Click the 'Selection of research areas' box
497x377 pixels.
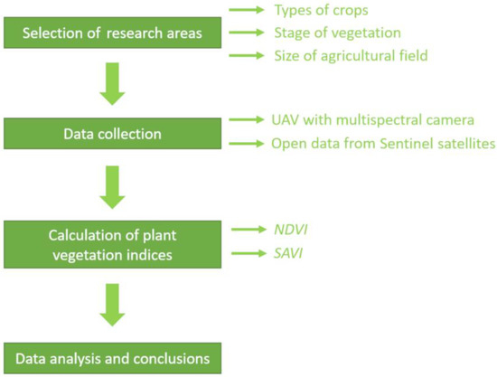coord(113,33)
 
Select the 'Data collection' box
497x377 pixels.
coord(113,134)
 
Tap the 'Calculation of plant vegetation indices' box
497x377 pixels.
coord(113,244)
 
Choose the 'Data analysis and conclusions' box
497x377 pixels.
coord(113,358)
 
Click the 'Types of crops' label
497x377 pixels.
coord(321,10)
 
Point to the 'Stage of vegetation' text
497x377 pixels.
coord(338,33)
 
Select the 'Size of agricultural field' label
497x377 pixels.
coord(351,56)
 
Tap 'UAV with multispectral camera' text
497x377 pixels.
coord(372,120)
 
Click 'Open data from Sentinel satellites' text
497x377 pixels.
coord(383,144)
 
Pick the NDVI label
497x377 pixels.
coord(291,230)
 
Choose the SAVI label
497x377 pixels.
coord(288,253)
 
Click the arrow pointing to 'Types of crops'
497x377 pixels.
coord(247,10)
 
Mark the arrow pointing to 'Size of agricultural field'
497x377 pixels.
coord(247,56)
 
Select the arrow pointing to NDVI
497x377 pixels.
coord(249,230)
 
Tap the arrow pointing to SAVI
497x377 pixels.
coord(249,253)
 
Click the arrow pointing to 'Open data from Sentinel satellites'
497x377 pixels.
coord(247,144)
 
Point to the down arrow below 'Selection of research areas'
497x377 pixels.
coord(113,84)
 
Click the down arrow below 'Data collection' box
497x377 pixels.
coord(113,187)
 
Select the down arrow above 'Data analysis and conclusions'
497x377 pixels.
coord(113,305)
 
